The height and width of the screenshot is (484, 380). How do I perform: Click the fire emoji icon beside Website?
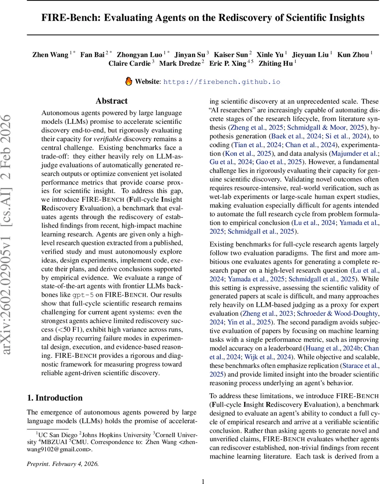pos(129,81)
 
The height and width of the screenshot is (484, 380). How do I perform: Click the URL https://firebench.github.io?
pos(221,81)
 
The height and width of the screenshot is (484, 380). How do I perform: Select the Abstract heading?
pos(112,101)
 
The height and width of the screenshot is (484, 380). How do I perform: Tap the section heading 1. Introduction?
pos(55,398)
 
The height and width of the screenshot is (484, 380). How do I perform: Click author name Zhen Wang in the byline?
pos(50,55)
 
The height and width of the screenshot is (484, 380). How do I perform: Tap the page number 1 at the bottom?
pos(203,470)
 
